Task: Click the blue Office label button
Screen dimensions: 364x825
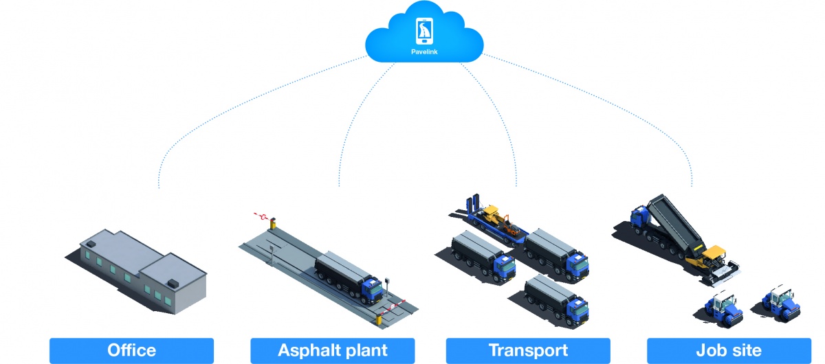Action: click(131, 350)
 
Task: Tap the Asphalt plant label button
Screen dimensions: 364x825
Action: click(332, 350)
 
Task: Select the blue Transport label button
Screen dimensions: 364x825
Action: click(528, 350)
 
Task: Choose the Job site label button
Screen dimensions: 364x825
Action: click(729, 350)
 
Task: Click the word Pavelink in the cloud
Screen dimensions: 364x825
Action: click(424, 51)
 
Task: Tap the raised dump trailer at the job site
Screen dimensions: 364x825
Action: click(670, 220)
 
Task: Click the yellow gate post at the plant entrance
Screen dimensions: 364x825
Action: click(273, 223)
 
